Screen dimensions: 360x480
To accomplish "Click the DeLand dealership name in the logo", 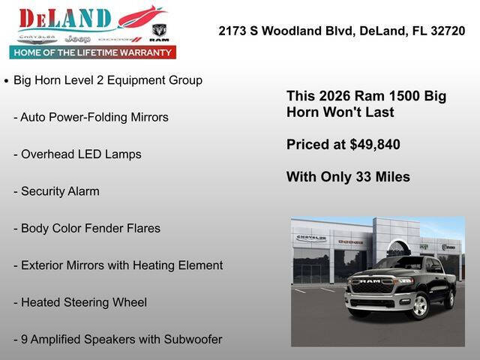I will pyautogui.click(x=65, y=19).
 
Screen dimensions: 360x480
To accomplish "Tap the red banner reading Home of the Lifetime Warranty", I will pyautogui.click(x=93, y=52).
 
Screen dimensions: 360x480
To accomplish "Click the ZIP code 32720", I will pyautogui.click(x=447, y=31).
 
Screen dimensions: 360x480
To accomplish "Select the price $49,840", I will pyautogui.click(x=374, y=145).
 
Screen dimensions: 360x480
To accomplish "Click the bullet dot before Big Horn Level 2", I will pyautogui.click(x=7, y=81).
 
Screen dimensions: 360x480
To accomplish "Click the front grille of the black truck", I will pyautogui.click(x=373, y=287).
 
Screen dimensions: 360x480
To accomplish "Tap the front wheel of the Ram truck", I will pyautogui.click(x=418, y=306).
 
